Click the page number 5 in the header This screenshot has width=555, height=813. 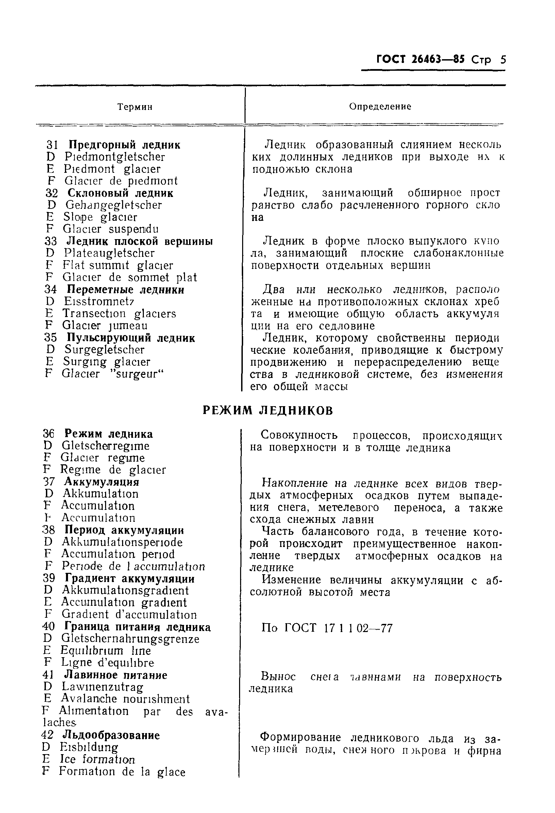[503, 60]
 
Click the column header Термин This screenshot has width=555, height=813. [135, 107]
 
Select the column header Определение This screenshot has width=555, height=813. [380, 106]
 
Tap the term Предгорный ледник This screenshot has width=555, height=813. [124, 145]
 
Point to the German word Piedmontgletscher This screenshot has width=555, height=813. [115, 157]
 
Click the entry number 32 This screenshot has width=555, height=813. [51, 193]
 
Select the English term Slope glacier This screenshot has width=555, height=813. [100, 217]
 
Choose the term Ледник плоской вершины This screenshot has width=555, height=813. [139, 241]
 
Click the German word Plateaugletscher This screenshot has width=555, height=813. [109, 253]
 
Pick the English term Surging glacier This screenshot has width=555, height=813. [107, 361]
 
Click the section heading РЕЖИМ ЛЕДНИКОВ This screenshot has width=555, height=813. [268, 410]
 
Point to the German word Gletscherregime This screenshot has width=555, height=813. [106, 446]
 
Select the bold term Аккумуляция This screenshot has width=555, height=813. [101, 482]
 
